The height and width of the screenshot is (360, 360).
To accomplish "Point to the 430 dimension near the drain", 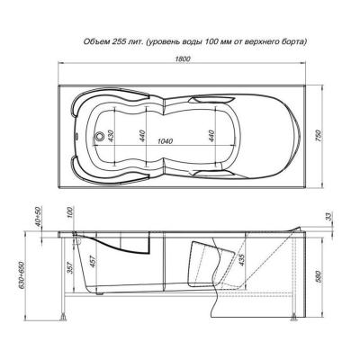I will coord(111,135).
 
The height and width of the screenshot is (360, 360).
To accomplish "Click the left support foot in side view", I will coord(62,318).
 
